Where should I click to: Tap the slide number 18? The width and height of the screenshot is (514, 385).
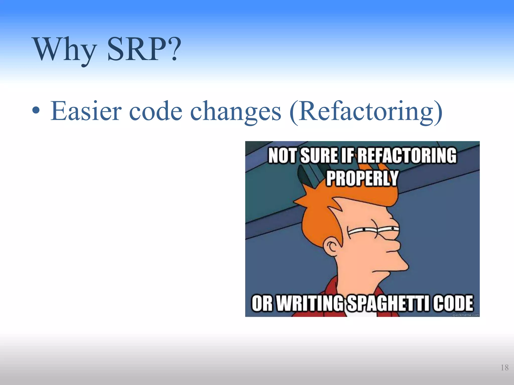pyautogui.click(x=504, y=368)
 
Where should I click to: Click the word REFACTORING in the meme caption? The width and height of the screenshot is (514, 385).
pyautogui.click(x=407, y=156)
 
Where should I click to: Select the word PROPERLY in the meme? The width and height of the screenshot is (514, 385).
pyautogui.click(x=362, y=178)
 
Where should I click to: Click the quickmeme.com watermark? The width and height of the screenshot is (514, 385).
pyautogui.click(x=466, y=315)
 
